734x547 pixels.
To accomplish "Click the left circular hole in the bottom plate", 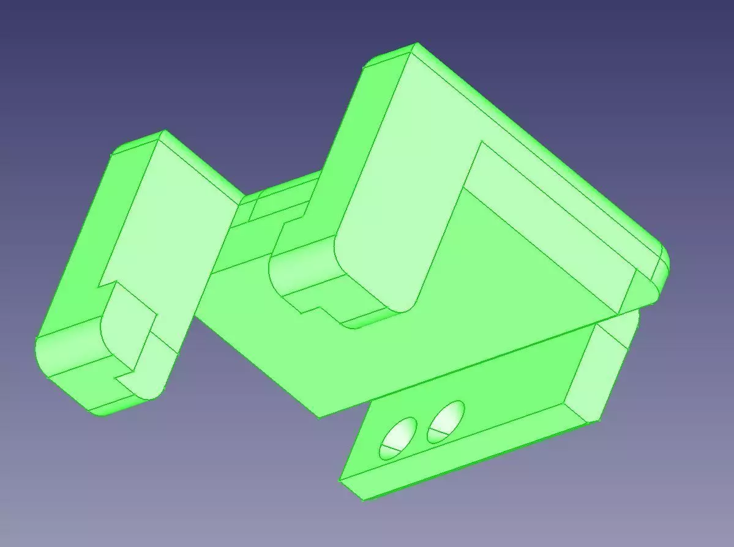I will pyautogui.click(x=397, y=438).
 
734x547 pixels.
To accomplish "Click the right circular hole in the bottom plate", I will pyautogui.click(x=445, y=422).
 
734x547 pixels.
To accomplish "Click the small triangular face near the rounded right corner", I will pyautogui.click(x=643, y=288).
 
